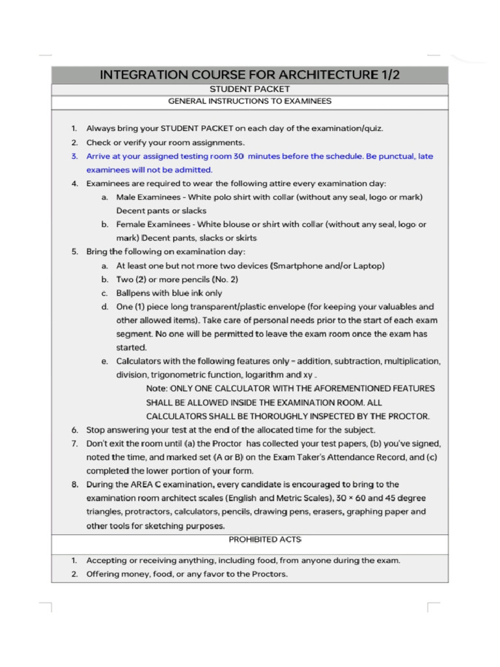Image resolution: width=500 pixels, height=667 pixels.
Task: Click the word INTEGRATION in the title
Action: tap(146, 75)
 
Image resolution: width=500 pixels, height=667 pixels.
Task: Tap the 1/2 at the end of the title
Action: tap(388, 75)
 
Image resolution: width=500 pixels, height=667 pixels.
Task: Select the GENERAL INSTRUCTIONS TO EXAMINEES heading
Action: tap(249, 102)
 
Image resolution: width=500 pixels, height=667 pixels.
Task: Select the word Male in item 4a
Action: tap(127, 197)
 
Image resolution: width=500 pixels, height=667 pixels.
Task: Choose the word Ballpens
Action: tap(133, 293)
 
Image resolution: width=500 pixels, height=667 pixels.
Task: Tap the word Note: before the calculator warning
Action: tap(158, 389)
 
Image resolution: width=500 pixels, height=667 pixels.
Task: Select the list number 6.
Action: tap(75, 430)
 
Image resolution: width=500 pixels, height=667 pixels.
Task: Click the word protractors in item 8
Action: tap(148, 512)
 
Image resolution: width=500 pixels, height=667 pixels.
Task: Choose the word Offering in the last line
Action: tap(104, 575)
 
